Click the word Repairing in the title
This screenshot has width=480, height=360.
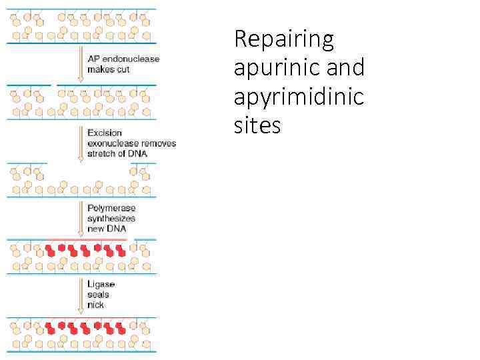click(x=283, y=40)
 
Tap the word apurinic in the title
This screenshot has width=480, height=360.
click(x=276, y=67)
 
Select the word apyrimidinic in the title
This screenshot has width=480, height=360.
click(x=299, y=96)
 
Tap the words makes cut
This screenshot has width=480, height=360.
click(x=108, y=69)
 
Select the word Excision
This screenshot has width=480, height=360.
click(x=105, y=133)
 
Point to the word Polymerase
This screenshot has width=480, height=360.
click(x=111, y=208)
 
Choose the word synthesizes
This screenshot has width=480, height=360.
click(x=111, y=218)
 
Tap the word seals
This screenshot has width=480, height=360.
click(x=98, y=295)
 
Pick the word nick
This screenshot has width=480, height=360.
click(x=95, y=305)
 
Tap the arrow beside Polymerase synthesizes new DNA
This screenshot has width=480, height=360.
click(x=81, y=218)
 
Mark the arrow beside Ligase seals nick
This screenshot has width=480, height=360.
click(x=81, y=295)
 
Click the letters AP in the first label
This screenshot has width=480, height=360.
click(x=93, y=59)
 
